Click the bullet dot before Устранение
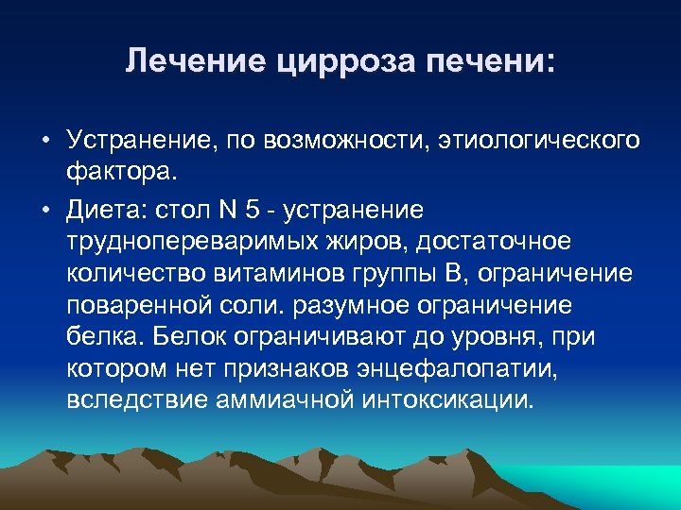pyautogui.click(x=45, y=141)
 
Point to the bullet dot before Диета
pyautogui.click(x=45, y=209)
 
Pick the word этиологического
pyautogui.click(x=537, y=141)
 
